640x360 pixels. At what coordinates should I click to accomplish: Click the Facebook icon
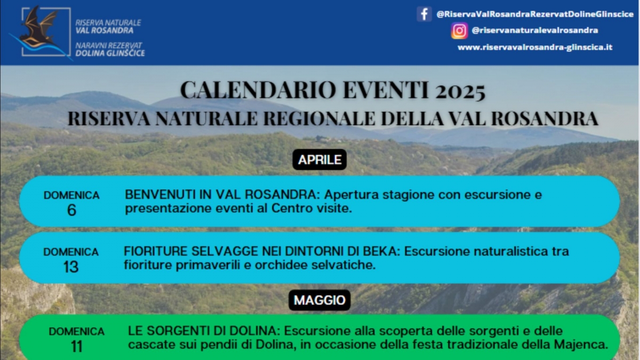click(425, 14)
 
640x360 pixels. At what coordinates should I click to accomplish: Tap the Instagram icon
click(459, 30)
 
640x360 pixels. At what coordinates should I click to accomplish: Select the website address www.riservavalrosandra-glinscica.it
click(535, 47)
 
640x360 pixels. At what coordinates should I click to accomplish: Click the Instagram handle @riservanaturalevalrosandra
click(535, 30)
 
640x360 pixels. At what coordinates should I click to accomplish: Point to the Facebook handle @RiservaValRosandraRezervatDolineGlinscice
click(535, 14)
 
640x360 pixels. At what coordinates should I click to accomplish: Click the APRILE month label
click(319, 159)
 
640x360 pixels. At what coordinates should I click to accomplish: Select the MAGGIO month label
click(319, 300)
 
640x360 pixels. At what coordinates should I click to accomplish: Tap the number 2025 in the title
click(460, 91)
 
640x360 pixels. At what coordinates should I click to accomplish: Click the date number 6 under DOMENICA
click(71, 210)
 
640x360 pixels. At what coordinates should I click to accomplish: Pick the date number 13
click(71, 267)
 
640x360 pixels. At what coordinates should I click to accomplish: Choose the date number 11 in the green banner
click(77, 346)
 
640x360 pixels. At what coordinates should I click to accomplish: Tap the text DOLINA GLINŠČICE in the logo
click(110, 53)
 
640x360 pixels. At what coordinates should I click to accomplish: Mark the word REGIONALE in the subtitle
click(319, 118)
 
